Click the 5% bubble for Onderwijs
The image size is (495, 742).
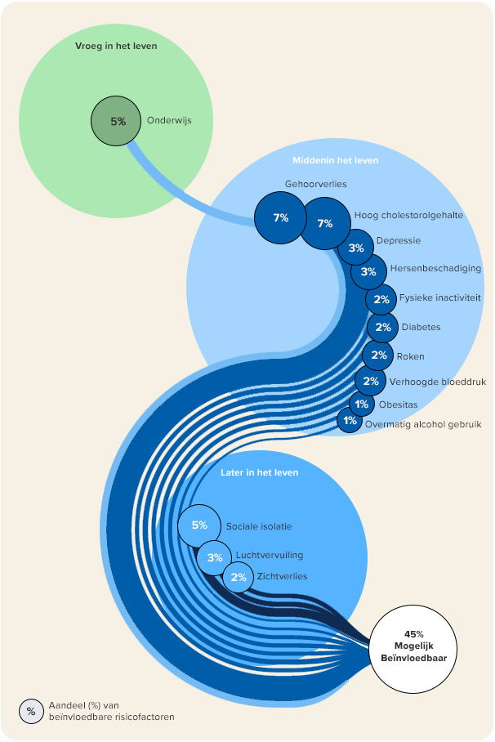coord(118,121)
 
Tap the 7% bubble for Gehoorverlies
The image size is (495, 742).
coord(281,218)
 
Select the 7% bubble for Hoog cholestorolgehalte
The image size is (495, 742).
coord(325,223)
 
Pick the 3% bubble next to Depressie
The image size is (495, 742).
coord(356,248)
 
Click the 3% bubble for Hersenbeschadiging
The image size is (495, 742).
coord(368,271)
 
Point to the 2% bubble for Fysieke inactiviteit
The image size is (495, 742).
coord(381,299)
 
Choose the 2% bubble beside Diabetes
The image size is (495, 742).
coord(380,327)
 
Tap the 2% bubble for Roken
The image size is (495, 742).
coord(378,355)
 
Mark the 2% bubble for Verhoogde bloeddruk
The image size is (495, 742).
coord(370,380)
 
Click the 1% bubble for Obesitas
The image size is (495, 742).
coord(361,404)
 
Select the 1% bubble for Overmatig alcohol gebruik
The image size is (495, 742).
coord(350,421)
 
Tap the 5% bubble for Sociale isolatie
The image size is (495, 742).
coord(199,525)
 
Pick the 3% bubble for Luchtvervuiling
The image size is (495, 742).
coord(215,557)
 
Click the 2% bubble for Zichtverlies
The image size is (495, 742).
coord(239,577)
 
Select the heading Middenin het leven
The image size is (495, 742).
coord(335,160)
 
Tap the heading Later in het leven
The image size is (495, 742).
coord(259,472)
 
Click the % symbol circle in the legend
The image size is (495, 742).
coord(31,711)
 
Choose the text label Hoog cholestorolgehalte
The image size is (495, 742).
coord(409,216)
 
